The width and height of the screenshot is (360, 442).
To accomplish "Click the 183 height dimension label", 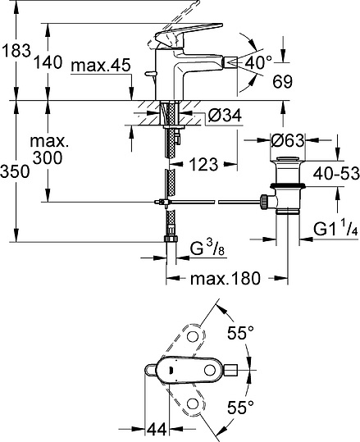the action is [16, 51].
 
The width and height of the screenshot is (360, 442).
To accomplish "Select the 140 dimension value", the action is [48, 62].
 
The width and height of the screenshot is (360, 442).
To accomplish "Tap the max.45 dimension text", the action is [101, 66].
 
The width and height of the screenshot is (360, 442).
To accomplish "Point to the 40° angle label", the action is [258, 62].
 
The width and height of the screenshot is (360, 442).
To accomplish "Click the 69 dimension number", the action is [282, 82].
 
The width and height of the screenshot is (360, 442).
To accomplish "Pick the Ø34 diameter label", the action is [225, 116].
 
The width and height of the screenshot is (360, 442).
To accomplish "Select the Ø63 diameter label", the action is [287, 140].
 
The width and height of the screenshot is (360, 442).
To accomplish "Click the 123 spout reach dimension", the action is [203, 164].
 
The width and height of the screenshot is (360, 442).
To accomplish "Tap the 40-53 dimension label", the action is [336, 173].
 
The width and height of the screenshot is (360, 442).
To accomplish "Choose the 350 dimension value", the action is [15, 171].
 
